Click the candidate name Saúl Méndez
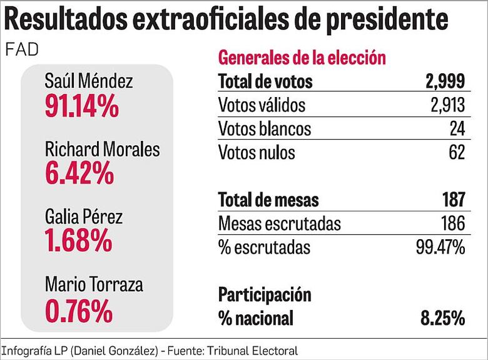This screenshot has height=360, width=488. click(x=89, y=81)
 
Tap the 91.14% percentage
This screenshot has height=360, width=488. click(x=81, y=106)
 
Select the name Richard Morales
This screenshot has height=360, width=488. click(x=102, y=150)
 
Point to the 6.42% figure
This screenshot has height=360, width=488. click(x=79, y=173)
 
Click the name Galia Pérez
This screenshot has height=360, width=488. click(x=84, y=217)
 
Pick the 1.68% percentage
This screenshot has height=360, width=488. click(x=78, y=241)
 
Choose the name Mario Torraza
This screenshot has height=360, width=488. click(x=94, y=285)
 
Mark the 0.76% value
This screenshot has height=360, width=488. click(x=79, y=310)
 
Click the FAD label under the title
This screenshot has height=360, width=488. click(x=21, y=50)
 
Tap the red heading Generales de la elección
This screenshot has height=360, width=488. click(x=301, y=58)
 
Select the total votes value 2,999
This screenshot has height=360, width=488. click(x=444, y=81)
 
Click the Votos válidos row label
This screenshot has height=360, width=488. click(x=262, y=105)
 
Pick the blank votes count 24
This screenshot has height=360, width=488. click(x=457, y=128)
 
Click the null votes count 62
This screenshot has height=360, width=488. click(x=457, y=152)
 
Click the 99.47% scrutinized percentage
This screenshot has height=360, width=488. click(x=440, y=247)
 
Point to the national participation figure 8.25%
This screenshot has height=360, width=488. click(x=444, y=319)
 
